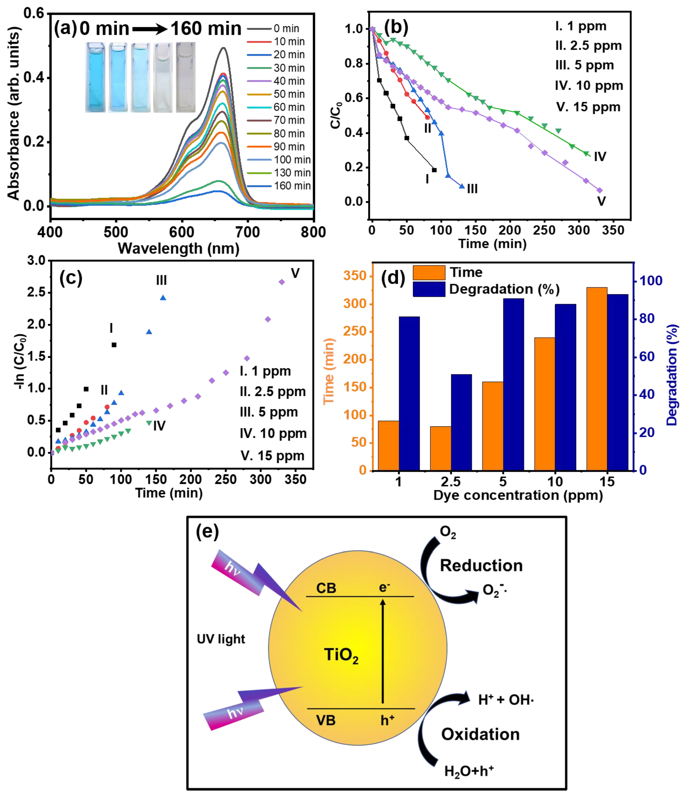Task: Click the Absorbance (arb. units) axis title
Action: point(13,113)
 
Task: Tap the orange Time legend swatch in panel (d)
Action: point(429,272)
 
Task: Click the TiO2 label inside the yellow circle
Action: point(341,655)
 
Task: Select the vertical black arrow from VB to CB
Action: point(383,650)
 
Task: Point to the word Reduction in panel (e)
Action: point(481,566)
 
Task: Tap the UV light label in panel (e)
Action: point(221,639)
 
